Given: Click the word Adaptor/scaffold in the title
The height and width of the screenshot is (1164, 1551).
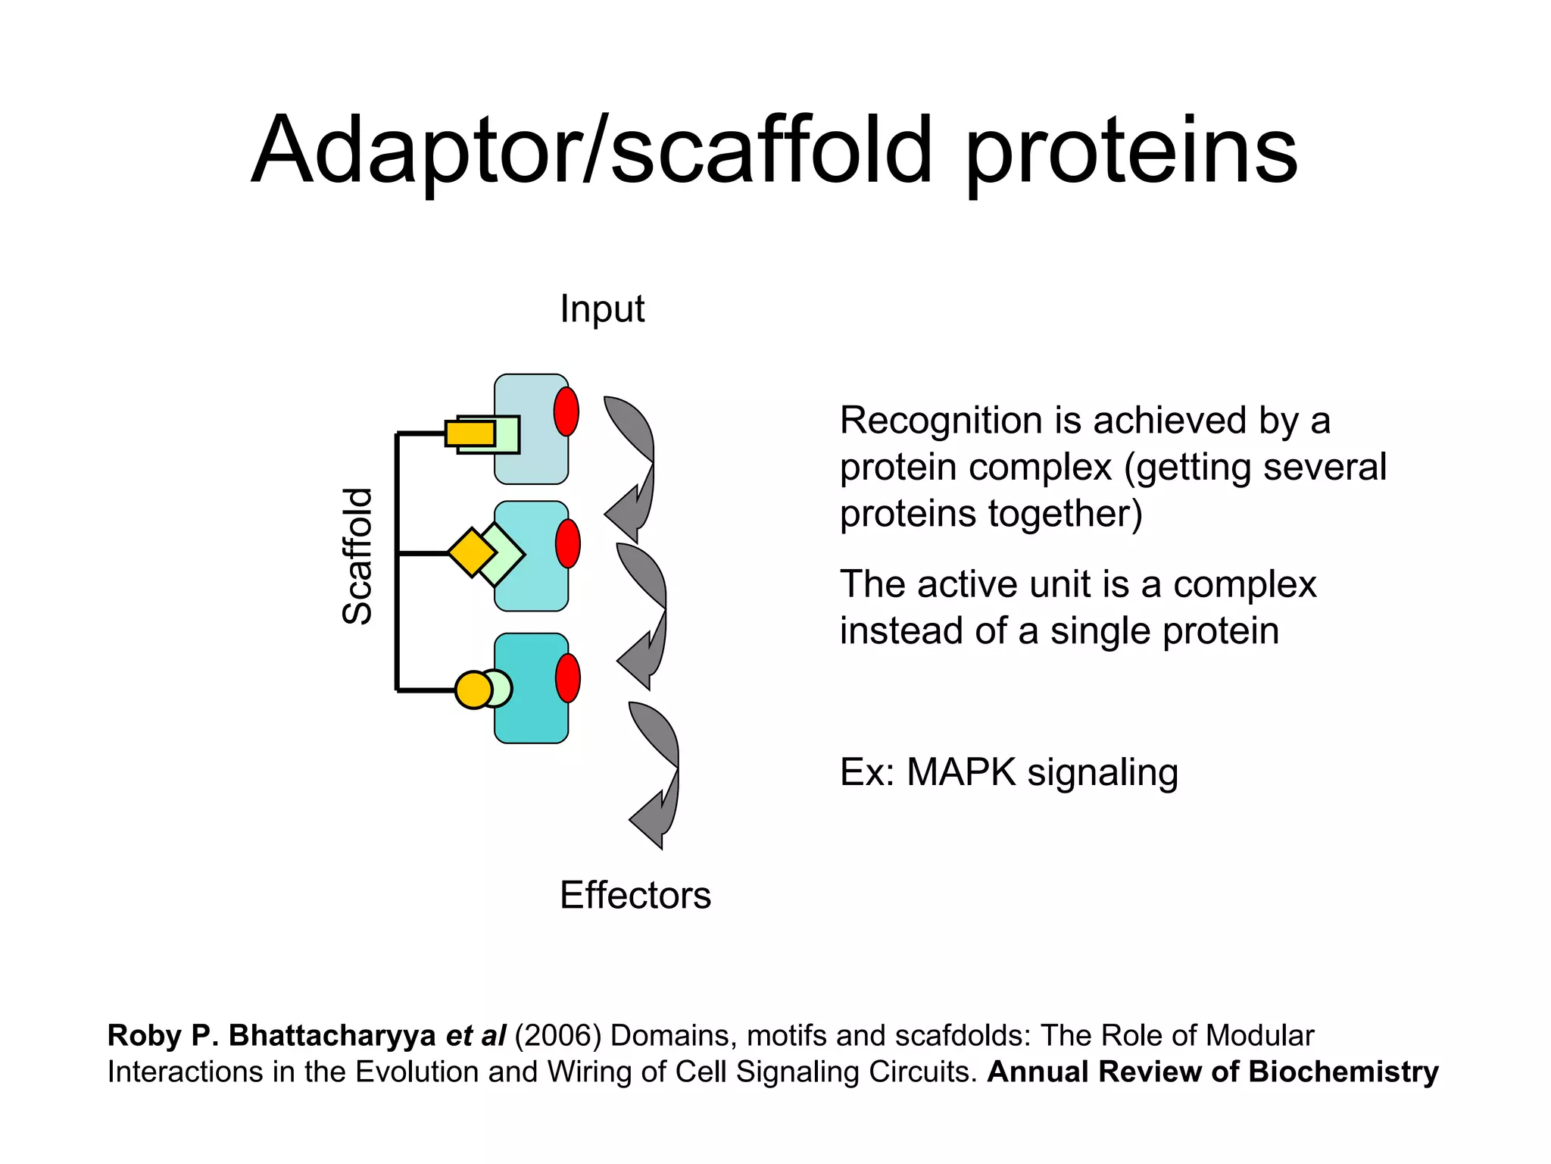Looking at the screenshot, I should [x=591, y=152].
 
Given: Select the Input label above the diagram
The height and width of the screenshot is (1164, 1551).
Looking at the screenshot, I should [x=602, y=309].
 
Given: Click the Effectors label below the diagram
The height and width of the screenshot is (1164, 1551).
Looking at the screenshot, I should [x=635, y=896].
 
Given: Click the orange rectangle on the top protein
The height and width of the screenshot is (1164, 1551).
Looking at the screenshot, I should [x=470, y=433].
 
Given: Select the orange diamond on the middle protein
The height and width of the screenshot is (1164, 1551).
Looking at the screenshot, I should [x=472, y=552].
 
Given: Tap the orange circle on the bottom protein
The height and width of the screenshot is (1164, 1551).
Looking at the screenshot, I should [x=473, y=690].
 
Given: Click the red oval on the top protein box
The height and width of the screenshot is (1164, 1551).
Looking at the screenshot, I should [x=566, y=411].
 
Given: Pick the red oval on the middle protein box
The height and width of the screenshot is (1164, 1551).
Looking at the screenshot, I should [x=568, y=543].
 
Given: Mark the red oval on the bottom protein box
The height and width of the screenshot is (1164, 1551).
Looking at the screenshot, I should [x=568, y=678].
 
